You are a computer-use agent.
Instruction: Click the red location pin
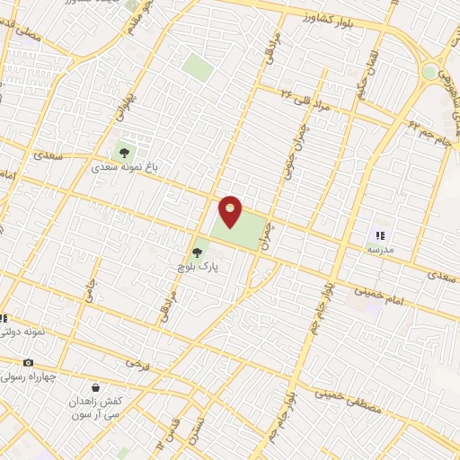pos(231,210)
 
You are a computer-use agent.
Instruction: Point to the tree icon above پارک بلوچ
pos(198,252)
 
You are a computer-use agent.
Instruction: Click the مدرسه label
pos(379,249)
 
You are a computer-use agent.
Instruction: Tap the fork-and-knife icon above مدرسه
pos(379,234)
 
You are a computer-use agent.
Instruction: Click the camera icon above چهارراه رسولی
pos(29,363)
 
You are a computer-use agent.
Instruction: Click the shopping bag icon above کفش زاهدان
pos(95,387)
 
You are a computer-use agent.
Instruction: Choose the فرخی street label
pos(136,364)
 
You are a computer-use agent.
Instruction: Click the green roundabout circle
pos(430,72)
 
